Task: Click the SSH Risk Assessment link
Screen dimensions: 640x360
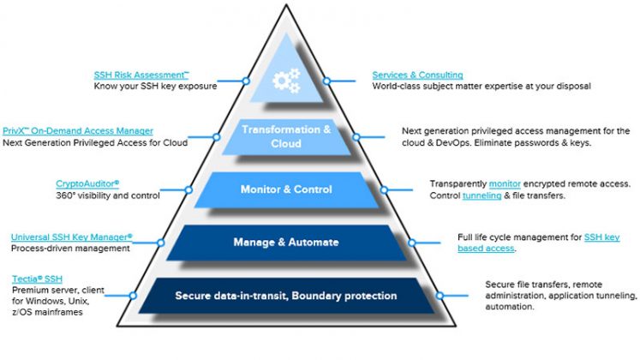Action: pyautogui.click(x=141, y=75)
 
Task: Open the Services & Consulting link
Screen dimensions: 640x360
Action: pyautogui.click(x=417, y=75)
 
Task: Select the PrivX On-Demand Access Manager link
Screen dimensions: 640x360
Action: pyautogui.click(x=78, y=131)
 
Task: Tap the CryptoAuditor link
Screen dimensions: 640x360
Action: pyautogui.click(x=87, y=184)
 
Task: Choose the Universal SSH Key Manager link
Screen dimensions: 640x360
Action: pyautogui.click(x=72, y=237)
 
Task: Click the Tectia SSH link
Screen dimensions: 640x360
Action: pyautogui.click(x=37, y=279)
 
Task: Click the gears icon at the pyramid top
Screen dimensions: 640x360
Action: pyautogui.click(x=286, y=81)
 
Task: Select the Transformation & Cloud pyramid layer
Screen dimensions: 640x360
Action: pyautogui.click(x=286, y=137)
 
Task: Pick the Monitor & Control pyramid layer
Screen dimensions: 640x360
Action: pyautogui.click(x=286, y=189)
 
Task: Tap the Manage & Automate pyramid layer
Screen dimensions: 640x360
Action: pyautogui.click(x=286, y=243)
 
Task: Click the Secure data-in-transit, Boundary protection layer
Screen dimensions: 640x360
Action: pyautogui.click(x=286, y=296)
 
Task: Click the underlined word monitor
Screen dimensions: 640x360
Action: pyautogui.click(x=505, y=184)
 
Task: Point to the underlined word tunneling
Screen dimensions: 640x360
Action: pyautogui.click(x=481, y=196)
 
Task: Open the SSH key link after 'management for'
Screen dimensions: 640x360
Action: pyautogui.click(x=602, y=237)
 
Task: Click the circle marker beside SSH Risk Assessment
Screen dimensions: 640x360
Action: pyautogui.click(x=246, y=81)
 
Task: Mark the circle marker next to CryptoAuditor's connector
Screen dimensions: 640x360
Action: pyautogui.click(x=188, y=189)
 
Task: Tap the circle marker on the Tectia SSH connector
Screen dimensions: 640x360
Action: pyautogui.click(x=133, y=296)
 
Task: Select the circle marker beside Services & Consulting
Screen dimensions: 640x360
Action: pyautogui.click(x=326, y=81)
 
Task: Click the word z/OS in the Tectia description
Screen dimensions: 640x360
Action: pyautogui.click(x=21, y=313)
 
